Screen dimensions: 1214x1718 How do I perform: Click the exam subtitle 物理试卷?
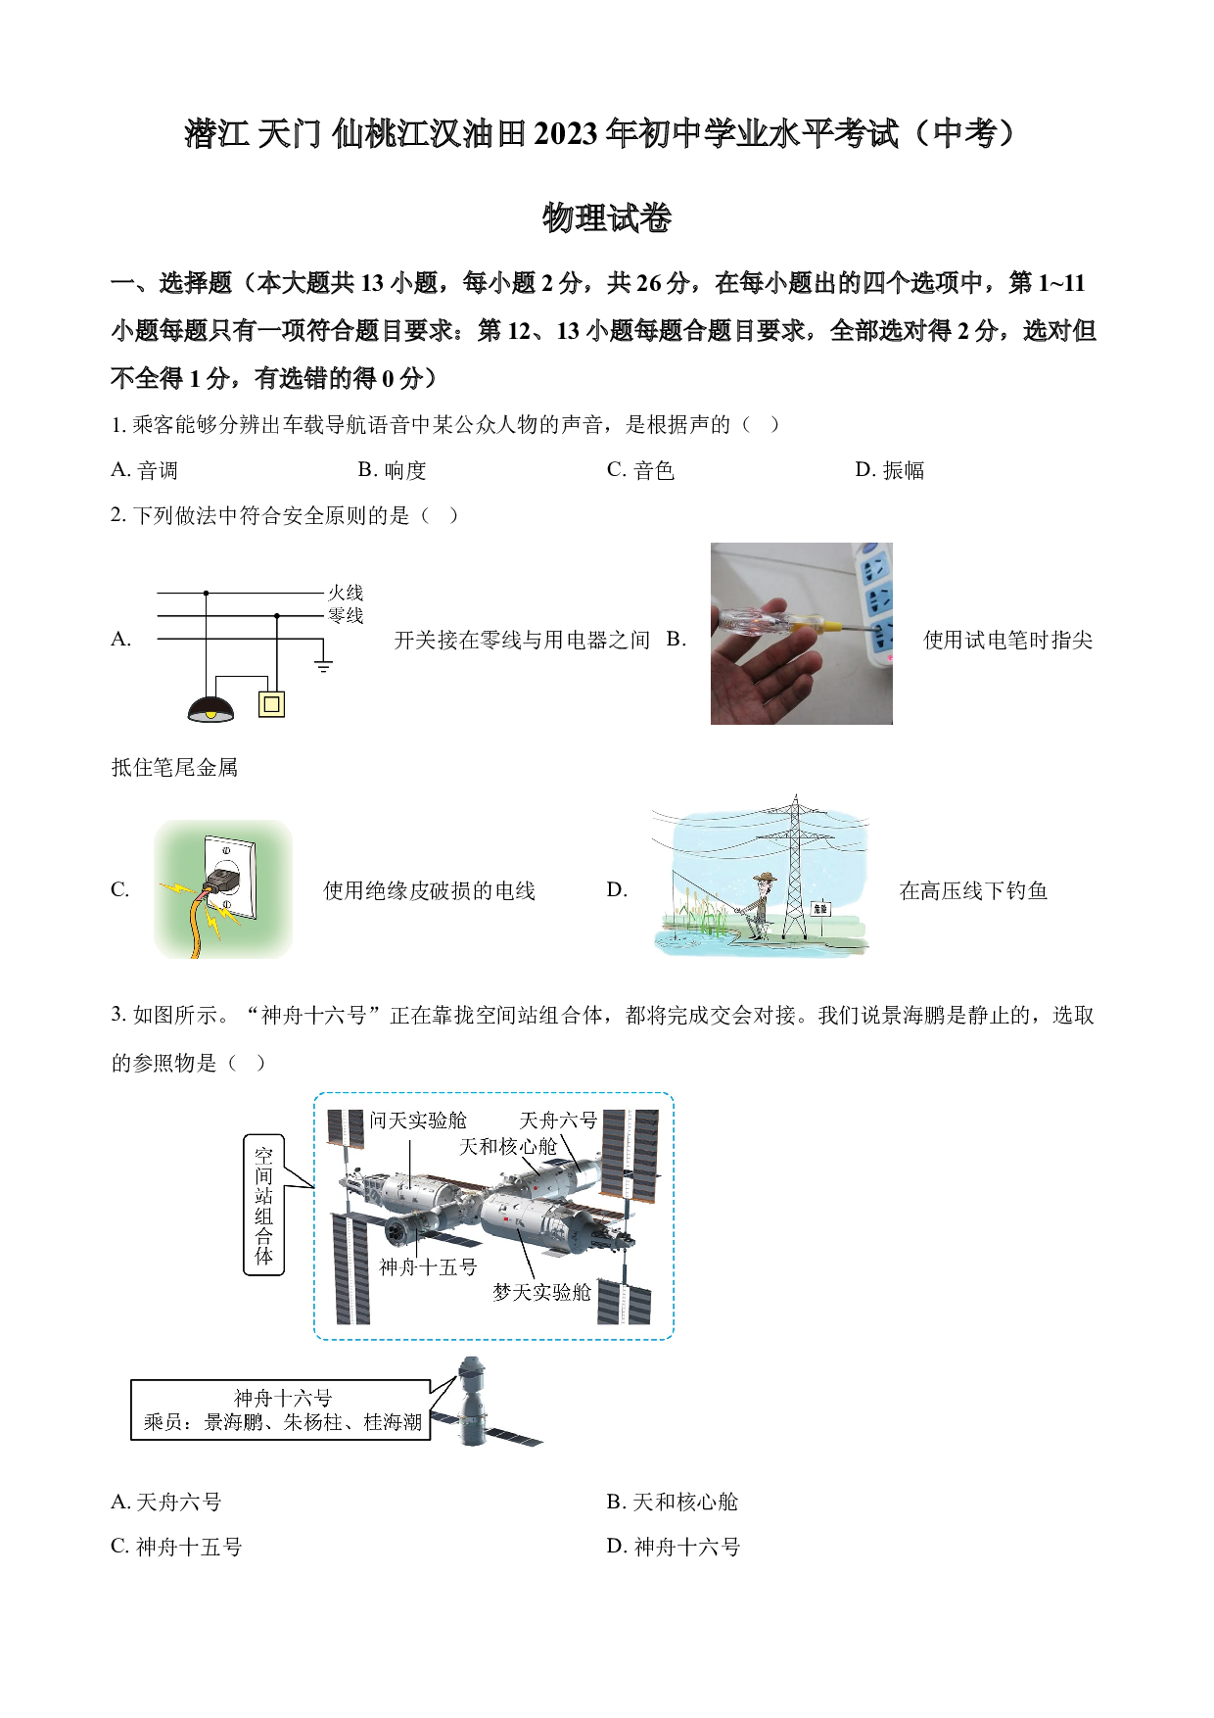[607, 217]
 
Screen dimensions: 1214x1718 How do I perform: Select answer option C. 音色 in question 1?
[640, 470]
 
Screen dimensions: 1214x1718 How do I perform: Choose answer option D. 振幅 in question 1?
[889, 470]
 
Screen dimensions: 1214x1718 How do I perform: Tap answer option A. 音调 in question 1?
[145, 470]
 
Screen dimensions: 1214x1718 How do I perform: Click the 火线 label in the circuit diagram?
[346, 593]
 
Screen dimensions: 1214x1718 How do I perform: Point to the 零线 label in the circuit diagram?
[346, 615]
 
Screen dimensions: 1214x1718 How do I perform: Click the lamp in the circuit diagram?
[210, 709]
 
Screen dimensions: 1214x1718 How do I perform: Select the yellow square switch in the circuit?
[272, 704]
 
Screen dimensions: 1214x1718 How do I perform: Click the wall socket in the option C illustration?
[228, 878]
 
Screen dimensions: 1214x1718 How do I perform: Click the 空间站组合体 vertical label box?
[263, 1205]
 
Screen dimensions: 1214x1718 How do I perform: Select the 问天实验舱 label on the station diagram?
[418, 1121]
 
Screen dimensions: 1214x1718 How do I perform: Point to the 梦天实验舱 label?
[541, 1292]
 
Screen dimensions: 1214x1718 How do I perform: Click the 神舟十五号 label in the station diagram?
[428, 1266]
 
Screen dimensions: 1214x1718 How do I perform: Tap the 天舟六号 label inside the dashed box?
[558, 1121]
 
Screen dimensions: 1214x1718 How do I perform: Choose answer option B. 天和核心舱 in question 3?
[673, 1502]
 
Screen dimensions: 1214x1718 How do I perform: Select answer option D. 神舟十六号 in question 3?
[674, 1547]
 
